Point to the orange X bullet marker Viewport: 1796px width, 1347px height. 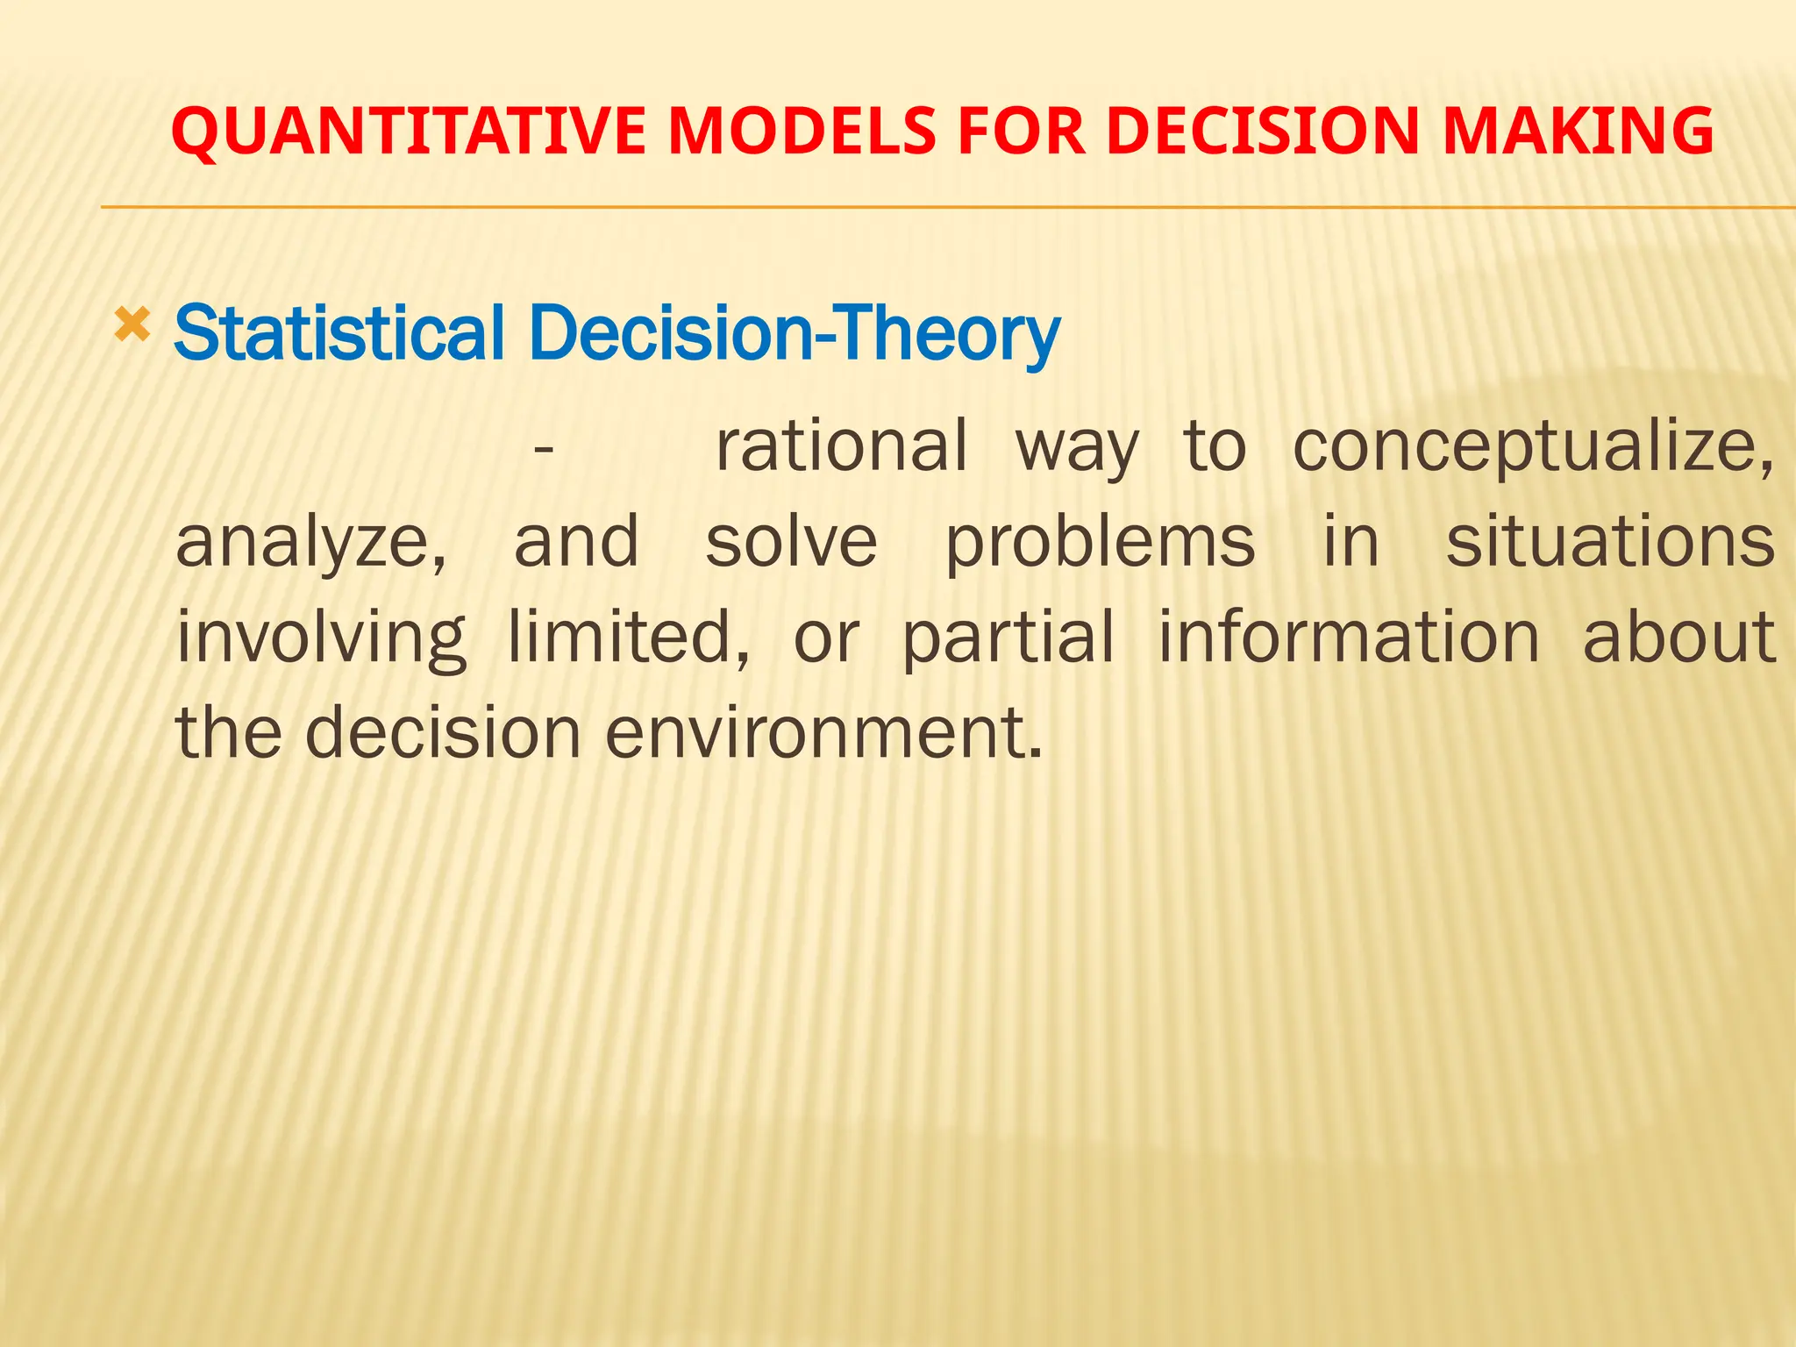click(x=132, y=326)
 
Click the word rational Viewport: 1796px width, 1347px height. click(x=841, y=445)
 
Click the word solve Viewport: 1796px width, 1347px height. click(x=791, y=541)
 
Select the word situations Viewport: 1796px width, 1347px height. click(x=1610, y=541)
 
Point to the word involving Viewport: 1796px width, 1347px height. click(x=321, y=638)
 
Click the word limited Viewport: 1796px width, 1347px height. click(x=628, y=637)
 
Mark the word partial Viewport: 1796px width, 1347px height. click(x=1008, y=638)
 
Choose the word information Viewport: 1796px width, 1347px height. click(x=1349, y=637)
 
